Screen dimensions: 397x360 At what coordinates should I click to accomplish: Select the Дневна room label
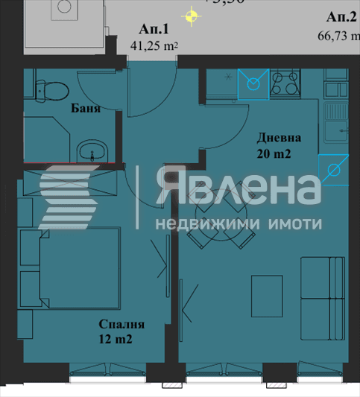pos(280,138)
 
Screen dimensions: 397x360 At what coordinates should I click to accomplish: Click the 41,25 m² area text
pos(154,45)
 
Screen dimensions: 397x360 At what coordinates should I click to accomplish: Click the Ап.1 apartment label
pos(154,30)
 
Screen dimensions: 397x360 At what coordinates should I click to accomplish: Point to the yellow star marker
pos(192,15)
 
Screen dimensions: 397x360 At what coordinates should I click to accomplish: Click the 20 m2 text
pos(273,154)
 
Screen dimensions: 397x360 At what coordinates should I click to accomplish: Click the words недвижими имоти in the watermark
pos(239,223)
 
